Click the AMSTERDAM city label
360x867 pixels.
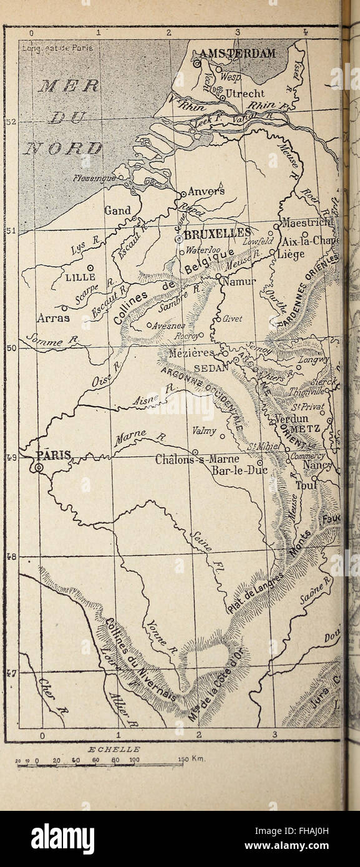(x=238, y=54)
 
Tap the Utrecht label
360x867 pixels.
(x=245, y=94)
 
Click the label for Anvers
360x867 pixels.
(x=206, y=191)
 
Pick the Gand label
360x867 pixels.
(x=117, y=211)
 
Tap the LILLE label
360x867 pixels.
(x=80, y=277)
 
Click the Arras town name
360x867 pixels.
(x=53, y=318)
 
